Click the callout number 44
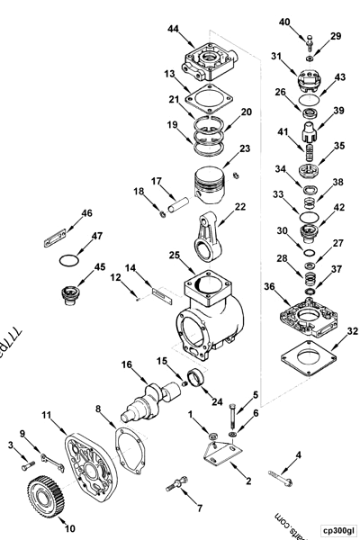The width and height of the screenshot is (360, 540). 173,30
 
